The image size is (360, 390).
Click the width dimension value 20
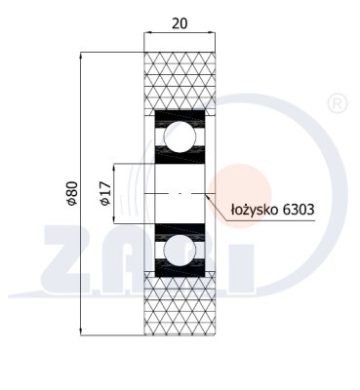(x=180, y=23)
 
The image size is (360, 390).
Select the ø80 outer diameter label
(x=72, y=193)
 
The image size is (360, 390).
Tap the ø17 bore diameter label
(x=105, y=194)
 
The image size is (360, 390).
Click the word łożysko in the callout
(x=255, y=210)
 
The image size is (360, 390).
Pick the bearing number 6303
(x=299, y=210)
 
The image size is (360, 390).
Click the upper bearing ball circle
(x=180, y=136)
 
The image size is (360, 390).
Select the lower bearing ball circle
(x=180, y=251)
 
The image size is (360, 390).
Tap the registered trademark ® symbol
(x=338, y=103)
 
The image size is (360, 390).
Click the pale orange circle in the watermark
(x=240, y=196)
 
